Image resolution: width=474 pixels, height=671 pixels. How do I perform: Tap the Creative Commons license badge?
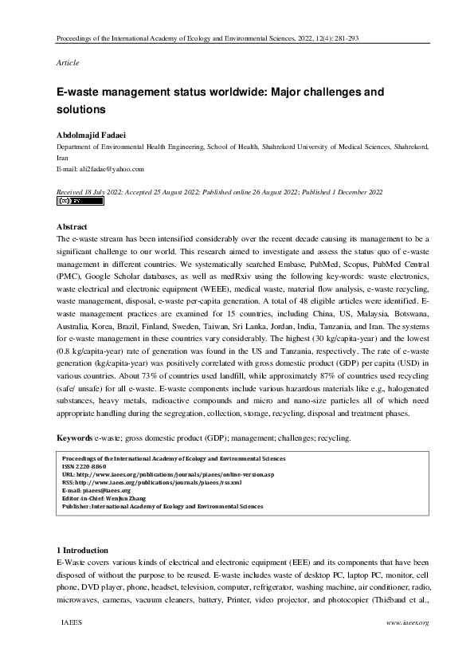[80, 202]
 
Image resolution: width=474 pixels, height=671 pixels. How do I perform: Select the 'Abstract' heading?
[73, 227]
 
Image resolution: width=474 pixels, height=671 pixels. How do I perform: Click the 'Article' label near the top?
[68, 62]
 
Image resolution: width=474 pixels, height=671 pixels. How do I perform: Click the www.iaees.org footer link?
[407, 622]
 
